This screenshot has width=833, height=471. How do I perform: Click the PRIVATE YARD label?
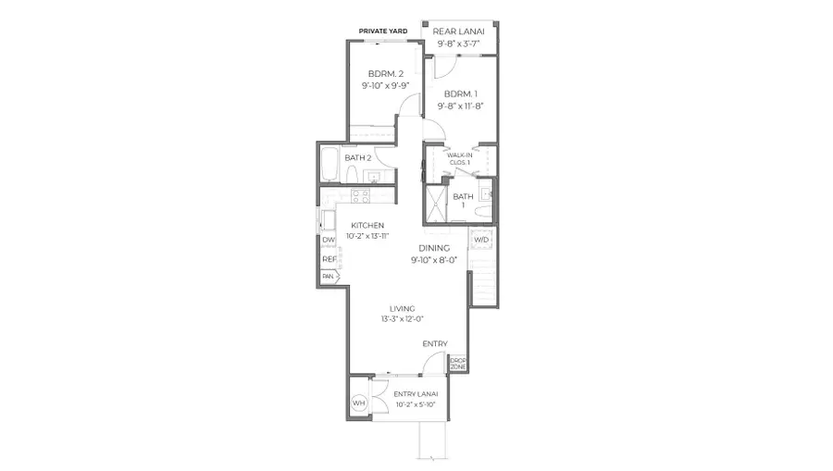(x=383, y=31)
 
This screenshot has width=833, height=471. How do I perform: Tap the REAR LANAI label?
(x=460, y=31)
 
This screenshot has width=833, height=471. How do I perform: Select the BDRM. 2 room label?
(x=385, y=73)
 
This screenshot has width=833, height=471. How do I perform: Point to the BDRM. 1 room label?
(x=460, y=94)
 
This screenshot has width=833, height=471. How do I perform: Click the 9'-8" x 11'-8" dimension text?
(x=460, y=105)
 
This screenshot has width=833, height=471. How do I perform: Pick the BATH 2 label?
(x=357, y=158)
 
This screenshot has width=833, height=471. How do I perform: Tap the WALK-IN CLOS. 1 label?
(x=460, y=158)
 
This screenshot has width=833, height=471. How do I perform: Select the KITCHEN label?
(x=367, y=226)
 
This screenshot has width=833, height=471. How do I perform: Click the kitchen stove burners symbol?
(x=360, y=195)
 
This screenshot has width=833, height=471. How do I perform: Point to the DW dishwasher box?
(x=329, y=241)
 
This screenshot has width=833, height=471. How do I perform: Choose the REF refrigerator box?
(x=329, y=259)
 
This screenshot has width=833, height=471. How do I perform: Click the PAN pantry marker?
(x=329, y=276)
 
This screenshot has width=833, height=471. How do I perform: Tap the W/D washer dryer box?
(x=480, y=241)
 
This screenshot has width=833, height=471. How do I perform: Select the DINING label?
(x=433, y=248)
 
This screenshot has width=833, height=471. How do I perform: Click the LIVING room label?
(x=403, y=308)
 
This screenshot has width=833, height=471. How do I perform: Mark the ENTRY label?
(x=435, y=344)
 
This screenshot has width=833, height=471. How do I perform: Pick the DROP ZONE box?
(x=458, y=365)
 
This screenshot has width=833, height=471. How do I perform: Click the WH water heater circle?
(x=359, y=403)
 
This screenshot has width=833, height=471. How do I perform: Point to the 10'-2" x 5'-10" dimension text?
(x=416, y=404)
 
